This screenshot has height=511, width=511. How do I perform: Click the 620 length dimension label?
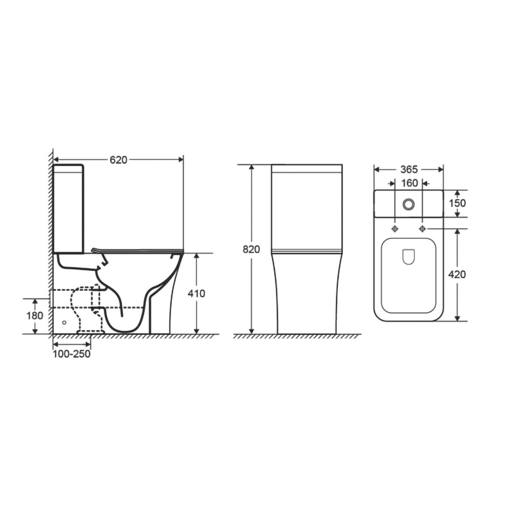119,160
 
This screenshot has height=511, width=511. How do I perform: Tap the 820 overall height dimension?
251,249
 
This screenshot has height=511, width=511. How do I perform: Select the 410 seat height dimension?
197,294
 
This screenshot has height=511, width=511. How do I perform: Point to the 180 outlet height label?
35,315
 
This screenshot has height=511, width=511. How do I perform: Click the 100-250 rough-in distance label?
72,354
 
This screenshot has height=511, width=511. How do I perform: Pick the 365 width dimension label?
409,170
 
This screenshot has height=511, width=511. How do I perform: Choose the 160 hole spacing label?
409,183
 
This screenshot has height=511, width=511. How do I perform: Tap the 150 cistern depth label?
457,203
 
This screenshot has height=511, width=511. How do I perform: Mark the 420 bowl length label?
457,275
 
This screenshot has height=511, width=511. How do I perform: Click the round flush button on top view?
408,204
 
